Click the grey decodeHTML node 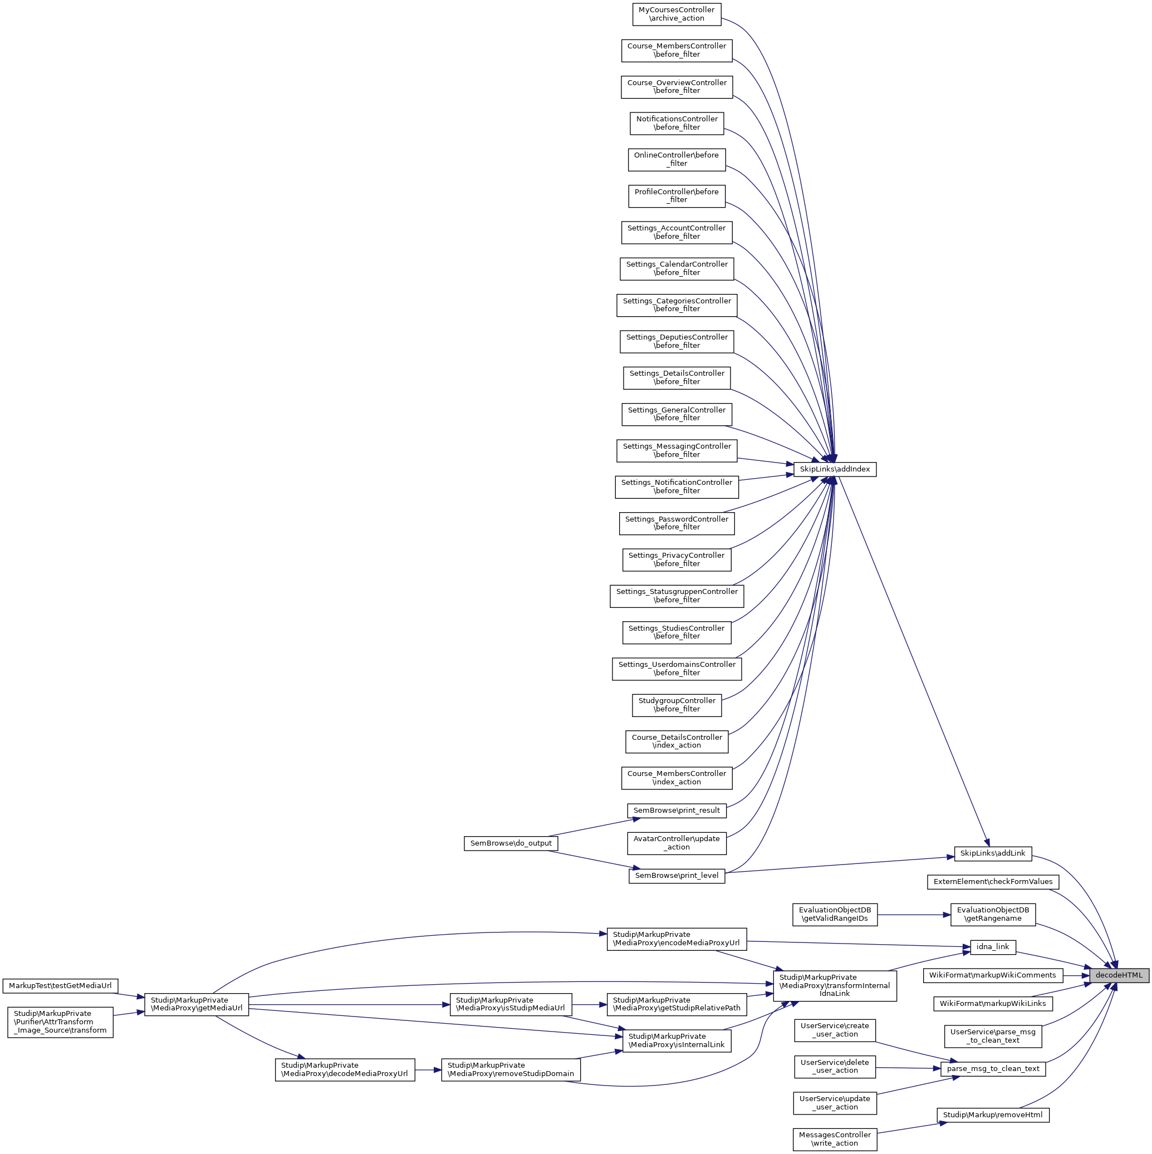click(x=1118, y=975)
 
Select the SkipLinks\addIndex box click(x=834, y=469)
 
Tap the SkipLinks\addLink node click(x=992, y=853)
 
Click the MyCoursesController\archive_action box click(x=677, y=14)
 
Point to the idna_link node click(x=992, y=947)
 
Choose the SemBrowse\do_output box click(x=511, y=843)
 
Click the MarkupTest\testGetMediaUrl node click(x=60, y=985)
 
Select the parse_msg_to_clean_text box click(x=992, y=1069)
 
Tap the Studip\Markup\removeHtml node click(x=992, y=1114)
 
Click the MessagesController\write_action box click(x=834, y=1139)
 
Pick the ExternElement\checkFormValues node click(x=992, y=882)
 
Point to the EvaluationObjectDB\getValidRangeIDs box click(x=834, y=915)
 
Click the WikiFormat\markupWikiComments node click(x=992, y=975)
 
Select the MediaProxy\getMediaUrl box click(x=196, y=1004)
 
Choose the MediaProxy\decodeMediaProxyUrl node click(x=344, y=1069)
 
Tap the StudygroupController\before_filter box click(x=677, y=705)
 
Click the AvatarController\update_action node click(x=677, y=843)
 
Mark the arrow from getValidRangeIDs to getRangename click(x=914, y=915)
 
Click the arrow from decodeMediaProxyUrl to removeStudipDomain click(x=428, y=1070)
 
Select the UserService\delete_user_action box click(x=834, y=1066)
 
